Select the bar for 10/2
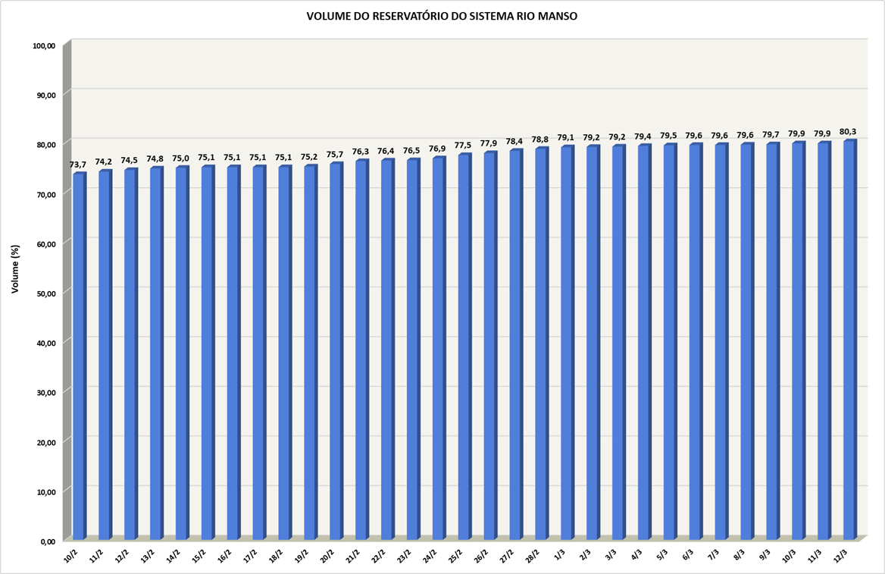[x=79, y=356]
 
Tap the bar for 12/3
[x=849, y=341]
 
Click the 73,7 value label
[x=79, y=165]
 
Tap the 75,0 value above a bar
[x=181, y=158]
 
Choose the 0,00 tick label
[x=48, y=541]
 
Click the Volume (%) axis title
[x=15, y=269]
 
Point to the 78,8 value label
[x=540, y=139]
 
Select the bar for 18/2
[x=284, y=353]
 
